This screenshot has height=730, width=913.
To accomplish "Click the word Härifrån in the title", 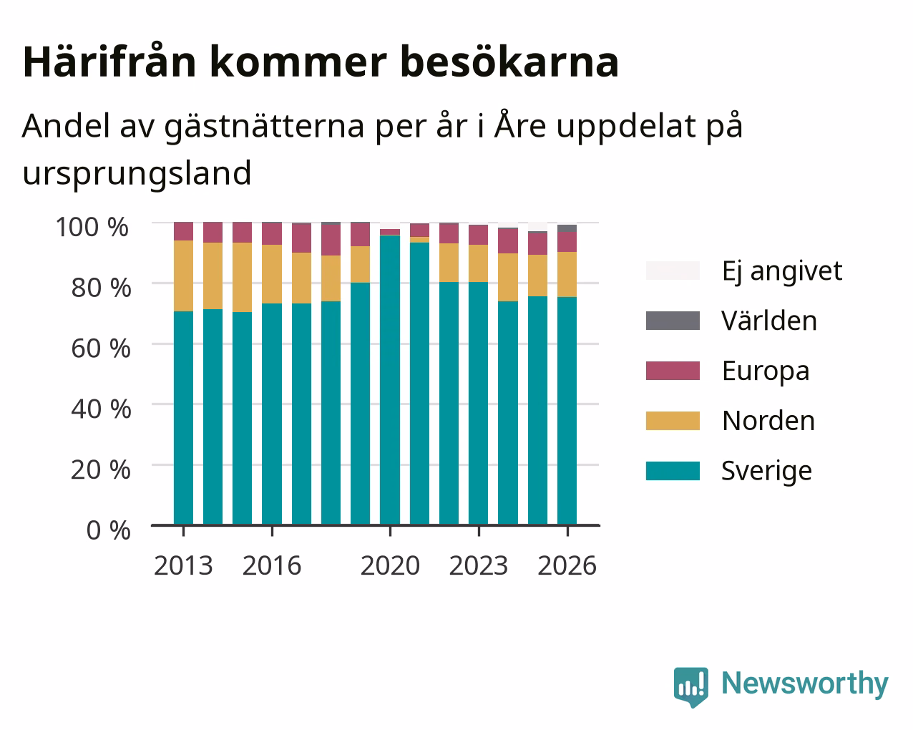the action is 109,62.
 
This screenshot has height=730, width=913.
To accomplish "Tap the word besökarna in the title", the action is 509,62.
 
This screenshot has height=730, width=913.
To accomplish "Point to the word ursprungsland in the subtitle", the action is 137,174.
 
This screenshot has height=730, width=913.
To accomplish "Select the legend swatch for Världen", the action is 673,321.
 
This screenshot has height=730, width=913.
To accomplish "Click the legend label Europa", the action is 766,371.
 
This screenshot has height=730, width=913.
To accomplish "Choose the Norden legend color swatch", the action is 673,421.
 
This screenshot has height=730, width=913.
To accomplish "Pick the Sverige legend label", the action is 766,471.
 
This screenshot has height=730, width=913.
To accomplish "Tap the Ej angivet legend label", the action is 782,271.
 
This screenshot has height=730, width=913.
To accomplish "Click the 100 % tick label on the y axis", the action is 92,227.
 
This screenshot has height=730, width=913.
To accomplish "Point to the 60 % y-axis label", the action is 101,349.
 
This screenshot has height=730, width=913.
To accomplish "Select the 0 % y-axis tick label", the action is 108,530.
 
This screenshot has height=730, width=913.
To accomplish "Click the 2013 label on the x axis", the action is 183,565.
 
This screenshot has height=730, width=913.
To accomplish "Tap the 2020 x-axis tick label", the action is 390,565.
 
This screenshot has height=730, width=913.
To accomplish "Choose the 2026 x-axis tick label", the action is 567,565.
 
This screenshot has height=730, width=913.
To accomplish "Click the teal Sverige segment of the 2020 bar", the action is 390,380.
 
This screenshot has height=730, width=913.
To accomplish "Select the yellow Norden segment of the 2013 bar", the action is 183,276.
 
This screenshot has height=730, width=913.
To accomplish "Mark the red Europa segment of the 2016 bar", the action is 271,233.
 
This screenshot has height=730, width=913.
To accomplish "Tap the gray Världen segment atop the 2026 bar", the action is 567,228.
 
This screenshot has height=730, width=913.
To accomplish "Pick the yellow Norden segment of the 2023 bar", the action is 478,263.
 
